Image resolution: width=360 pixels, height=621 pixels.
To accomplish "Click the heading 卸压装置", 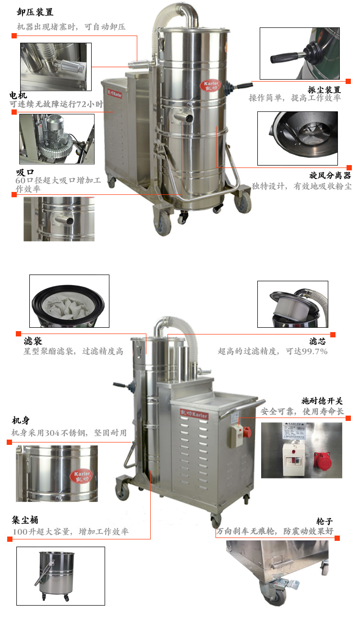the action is [35, 12].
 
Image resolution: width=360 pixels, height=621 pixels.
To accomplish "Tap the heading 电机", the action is [18, 96].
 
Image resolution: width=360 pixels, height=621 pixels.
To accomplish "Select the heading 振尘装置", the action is [324, 90].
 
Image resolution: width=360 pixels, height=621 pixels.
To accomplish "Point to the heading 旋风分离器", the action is [330, 175].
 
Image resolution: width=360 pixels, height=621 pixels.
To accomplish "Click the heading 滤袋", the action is [33, 341].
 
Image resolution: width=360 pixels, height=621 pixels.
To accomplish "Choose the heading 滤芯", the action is [317, 341].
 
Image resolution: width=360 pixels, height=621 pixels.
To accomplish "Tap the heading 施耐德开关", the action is [322, 401].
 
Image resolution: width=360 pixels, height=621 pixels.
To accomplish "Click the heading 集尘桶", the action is [25, 520].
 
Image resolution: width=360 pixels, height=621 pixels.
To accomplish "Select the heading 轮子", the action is [324, 521].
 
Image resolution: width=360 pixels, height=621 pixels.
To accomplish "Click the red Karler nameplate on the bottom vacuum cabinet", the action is [194, 414].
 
